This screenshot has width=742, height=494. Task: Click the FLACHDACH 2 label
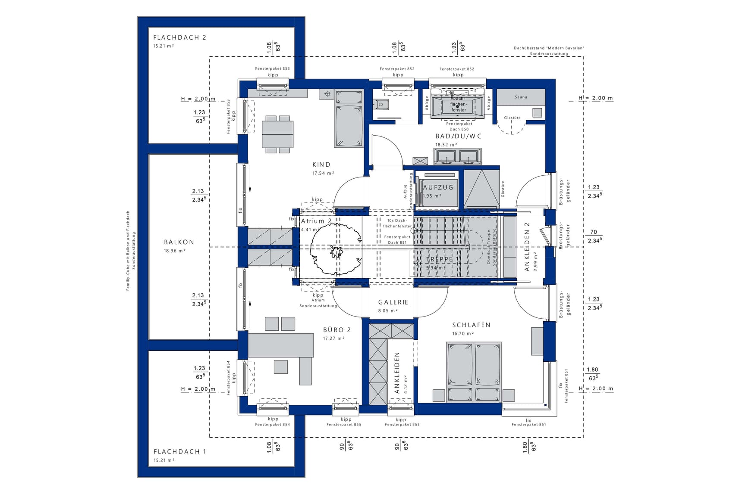pyautogui.click(x=179, y=37)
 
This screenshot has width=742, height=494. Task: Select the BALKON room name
pyautogui.click(x=179, y=242)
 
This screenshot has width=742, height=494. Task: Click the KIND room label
pyautogui.click(x=321, y=165)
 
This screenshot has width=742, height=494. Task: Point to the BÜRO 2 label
pyautogui.click(x=337, y=330)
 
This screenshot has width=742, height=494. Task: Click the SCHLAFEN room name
pyautogui.click(x=471, y=325)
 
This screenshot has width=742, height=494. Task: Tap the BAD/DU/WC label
pyautogui.click(x=458, y=136)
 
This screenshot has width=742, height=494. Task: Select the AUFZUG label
pyautogui.click(x=438, y=187)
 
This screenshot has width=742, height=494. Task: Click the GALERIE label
pyautogui.click(x=393, y=302)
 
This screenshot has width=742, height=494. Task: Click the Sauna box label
pyautogui.click(x=521, y=97)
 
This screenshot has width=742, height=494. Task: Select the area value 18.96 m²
pyautogui.click(x=174, y=251)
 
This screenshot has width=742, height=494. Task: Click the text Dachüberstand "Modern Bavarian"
pyautogui.click(x=549, y=48)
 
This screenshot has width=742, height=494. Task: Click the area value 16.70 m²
pyautogui.click(x=463, y=333)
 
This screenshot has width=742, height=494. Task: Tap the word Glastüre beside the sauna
pyautogui.click(x=512, y=118)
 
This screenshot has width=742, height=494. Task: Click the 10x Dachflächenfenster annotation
pyautogui.click(x=397, y=223)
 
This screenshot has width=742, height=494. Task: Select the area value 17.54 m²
pyautogui.click(x=323, y=173)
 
